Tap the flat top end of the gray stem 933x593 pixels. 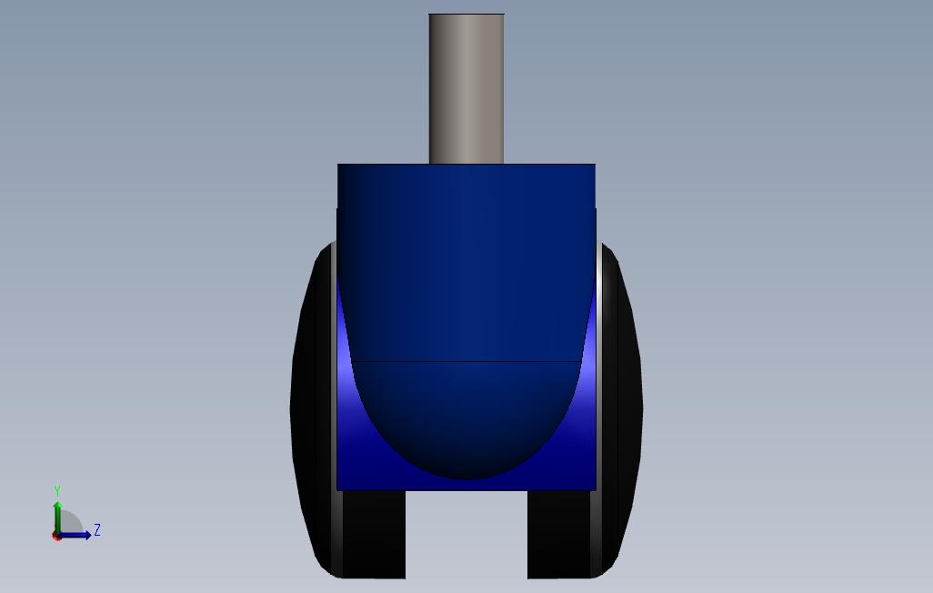click(466, 15)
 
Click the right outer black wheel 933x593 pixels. click(628, 409)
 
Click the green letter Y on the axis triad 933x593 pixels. click(57, 491)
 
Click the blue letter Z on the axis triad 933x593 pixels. click(97, 530)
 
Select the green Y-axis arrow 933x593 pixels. click(57, 515)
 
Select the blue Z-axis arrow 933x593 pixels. click(77, 535)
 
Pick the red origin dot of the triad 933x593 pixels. click(57, 536)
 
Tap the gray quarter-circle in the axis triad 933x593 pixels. click(70, 524)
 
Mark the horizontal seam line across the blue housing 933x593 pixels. click(466, 361)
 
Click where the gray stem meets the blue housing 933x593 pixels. click(466, 164)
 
